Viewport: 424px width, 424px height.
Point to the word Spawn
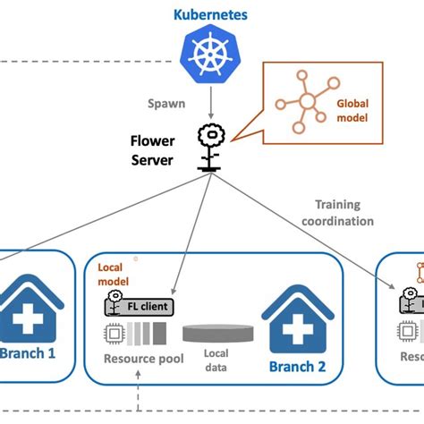point(167,103)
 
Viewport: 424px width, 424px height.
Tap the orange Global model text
point(352,109)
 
